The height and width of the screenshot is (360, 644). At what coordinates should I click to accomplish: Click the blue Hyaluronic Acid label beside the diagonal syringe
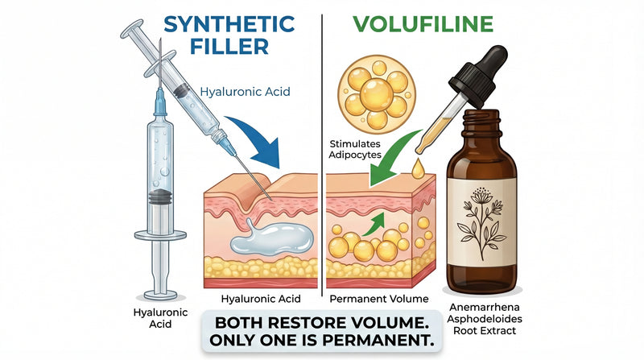(x=249, y=92)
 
